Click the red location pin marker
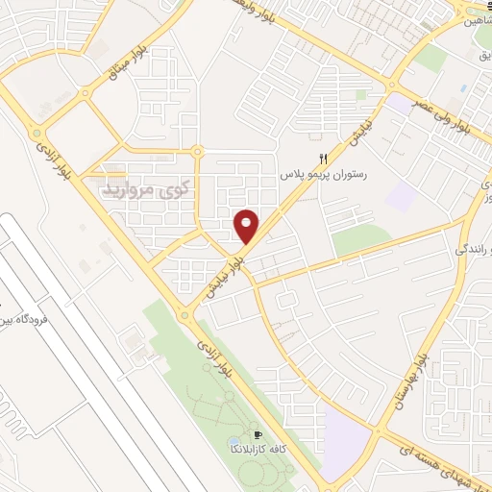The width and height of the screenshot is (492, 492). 247,226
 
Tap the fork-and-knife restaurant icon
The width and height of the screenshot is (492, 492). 324,159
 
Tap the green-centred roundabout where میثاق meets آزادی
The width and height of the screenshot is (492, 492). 37,134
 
